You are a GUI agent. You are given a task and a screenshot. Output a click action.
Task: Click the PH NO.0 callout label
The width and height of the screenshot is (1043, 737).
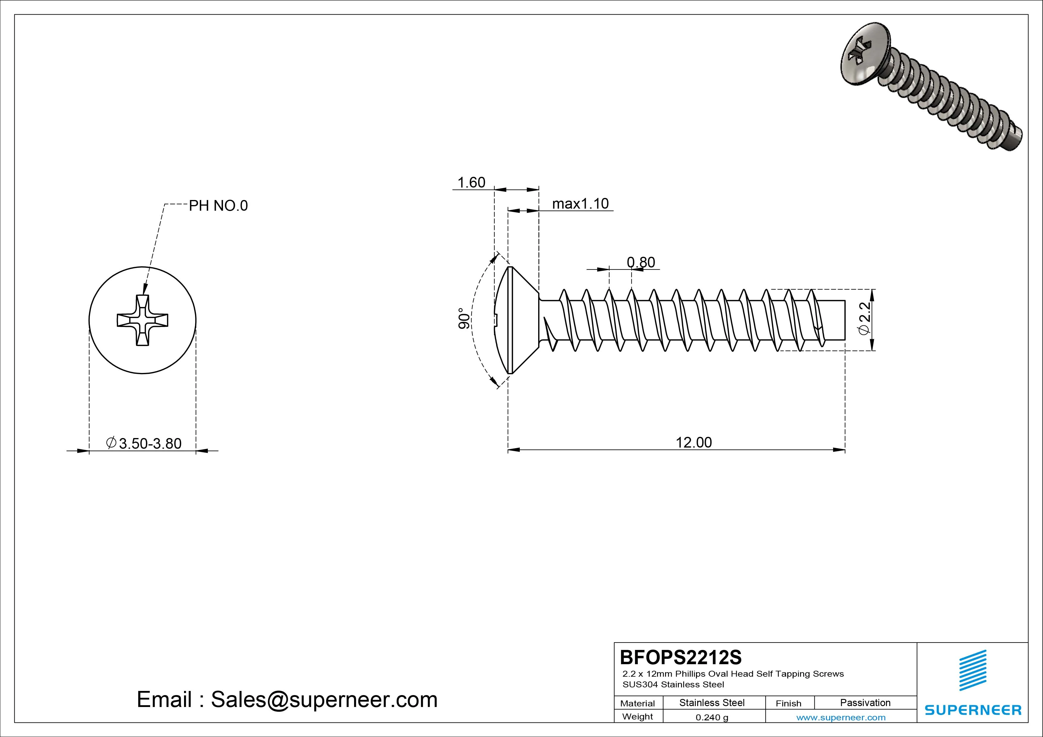218,206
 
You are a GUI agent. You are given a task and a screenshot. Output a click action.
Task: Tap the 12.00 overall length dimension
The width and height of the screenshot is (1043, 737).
694,442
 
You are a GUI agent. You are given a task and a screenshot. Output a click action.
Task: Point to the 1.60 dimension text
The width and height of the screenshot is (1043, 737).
471,182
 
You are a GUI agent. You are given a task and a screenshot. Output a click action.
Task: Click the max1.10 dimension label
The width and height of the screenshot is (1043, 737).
580,204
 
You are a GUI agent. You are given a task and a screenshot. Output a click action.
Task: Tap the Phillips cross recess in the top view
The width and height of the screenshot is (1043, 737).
143,320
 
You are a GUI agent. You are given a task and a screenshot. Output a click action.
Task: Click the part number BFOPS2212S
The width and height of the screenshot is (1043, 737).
681,657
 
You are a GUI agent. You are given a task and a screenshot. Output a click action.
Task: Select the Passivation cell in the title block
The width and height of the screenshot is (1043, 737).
865,703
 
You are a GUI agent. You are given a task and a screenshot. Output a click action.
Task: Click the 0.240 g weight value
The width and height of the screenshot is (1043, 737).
712,717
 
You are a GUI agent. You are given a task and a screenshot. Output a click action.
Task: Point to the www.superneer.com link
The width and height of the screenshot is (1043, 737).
841,717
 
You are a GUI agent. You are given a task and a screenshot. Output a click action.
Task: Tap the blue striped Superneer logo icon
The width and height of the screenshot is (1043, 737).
973,670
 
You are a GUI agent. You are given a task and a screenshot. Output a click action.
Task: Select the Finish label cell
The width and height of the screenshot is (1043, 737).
788,703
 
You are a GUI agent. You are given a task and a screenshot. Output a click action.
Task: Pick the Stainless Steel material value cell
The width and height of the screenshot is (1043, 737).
712,703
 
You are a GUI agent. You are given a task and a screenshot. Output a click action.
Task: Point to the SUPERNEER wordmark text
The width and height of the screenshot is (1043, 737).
973,710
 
